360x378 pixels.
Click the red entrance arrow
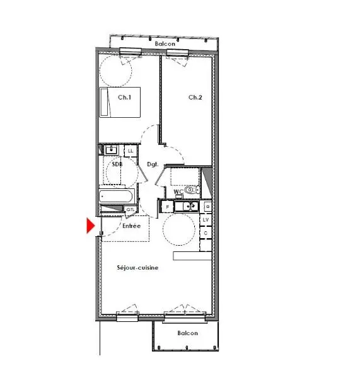90,225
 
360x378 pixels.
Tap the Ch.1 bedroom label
124,97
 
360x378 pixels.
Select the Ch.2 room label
195,97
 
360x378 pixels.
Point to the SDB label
117,164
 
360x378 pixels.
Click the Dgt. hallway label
152,164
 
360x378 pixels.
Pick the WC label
178,190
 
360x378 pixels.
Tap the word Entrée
131,226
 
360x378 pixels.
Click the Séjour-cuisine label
137,268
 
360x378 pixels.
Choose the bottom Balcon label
187,333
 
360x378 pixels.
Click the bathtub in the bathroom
118,196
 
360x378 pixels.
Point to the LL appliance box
131,151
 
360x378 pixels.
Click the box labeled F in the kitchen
167,206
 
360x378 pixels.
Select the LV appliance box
206,219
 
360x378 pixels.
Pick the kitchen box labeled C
206,232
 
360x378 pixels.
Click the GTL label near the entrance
131,210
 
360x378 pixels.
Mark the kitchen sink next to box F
187,206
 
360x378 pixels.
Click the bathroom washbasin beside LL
112,150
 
